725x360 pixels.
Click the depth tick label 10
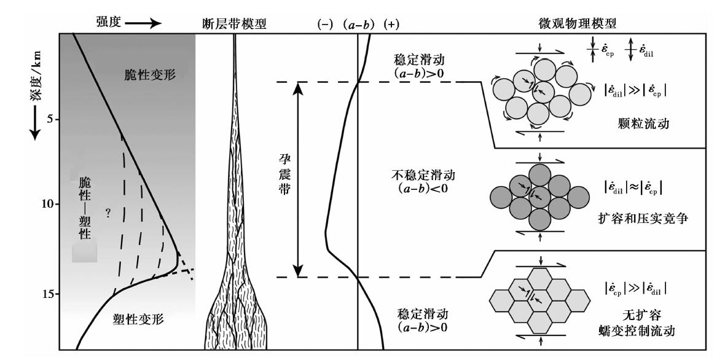48,204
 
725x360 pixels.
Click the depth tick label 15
48,294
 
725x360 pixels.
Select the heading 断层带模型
235,23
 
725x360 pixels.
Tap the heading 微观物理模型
578,23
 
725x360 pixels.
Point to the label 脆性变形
151,75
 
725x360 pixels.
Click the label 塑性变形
138,319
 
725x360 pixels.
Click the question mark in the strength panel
108,213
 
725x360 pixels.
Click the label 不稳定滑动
423,174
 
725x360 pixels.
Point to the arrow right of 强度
143,23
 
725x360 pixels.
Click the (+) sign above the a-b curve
391,25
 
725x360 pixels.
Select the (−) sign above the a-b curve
325,25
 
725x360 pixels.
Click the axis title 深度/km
36,82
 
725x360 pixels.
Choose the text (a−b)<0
423,189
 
